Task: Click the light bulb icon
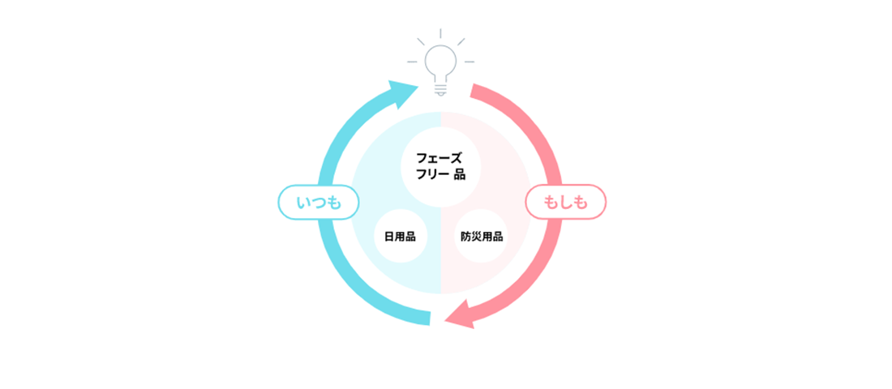click(x=440, y=65)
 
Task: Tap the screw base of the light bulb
click(x=440, y=85)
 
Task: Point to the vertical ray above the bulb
click(x=440, y=33)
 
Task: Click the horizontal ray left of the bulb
click(x=413, y=62)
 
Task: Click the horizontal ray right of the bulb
click(x=469, y=62)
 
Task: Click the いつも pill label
click(x=318, y=203)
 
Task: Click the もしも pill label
click(x=566, y=203)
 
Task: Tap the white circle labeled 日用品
click(x=400, y=237)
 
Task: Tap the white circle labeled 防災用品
click(x=482, y=237)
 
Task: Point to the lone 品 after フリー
click(x=461, y=174)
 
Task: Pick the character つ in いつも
click(x=318, y=203)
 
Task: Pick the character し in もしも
click(x=566, y=203)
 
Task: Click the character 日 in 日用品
click(x=389, y=237)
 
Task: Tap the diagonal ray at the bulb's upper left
click(x=421, y=41)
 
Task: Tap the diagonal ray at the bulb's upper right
click(x=461, y=41)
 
